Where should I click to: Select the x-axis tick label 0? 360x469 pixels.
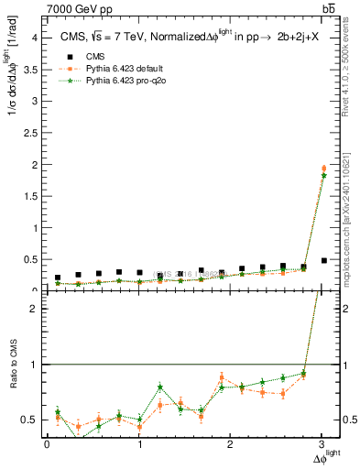coord(47,445)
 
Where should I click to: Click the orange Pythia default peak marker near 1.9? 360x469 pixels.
coord(221,377)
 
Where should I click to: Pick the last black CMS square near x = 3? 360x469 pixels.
coord(323,260)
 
